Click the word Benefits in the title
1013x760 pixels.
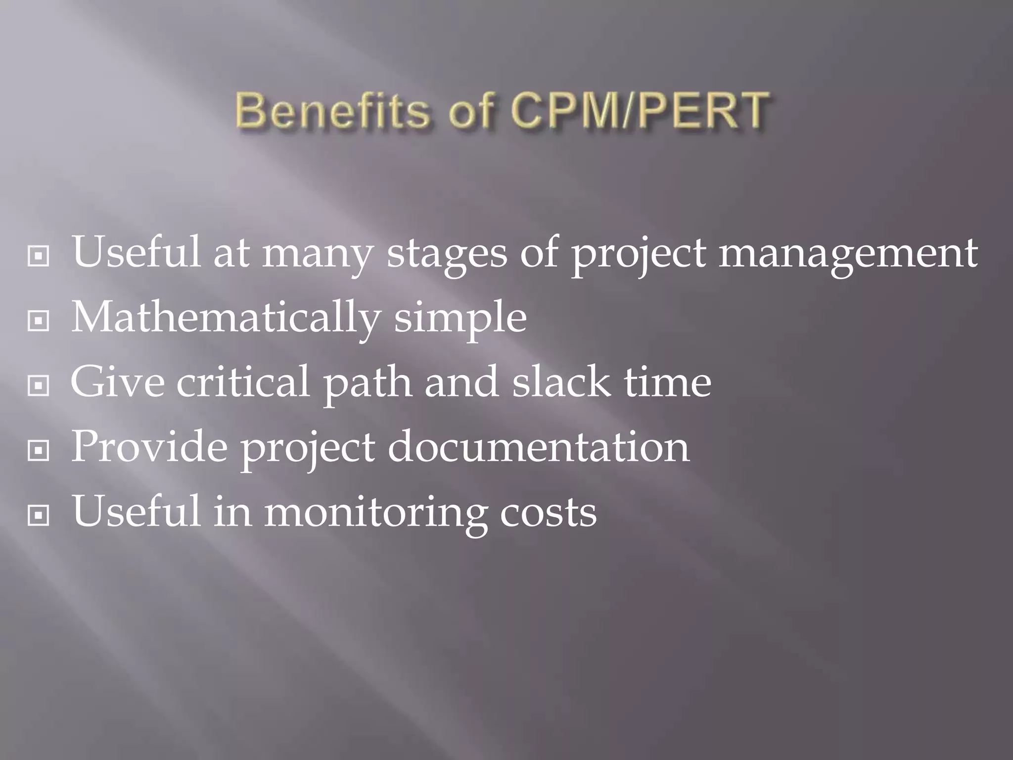point(332,110)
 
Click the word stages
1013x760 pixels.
point(447,253)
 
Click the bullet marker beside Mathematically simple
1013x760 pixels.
point(39,321)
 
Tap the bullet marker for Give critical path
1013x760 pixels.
point(39,385)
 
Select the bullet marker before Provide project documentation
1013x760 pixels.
point(39,450)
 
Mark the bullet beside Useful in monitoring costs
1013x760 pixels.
point(39,516)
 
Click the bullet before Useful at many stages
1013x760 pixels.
point(39,256)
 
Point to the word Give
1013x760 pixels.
point(118,381)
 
